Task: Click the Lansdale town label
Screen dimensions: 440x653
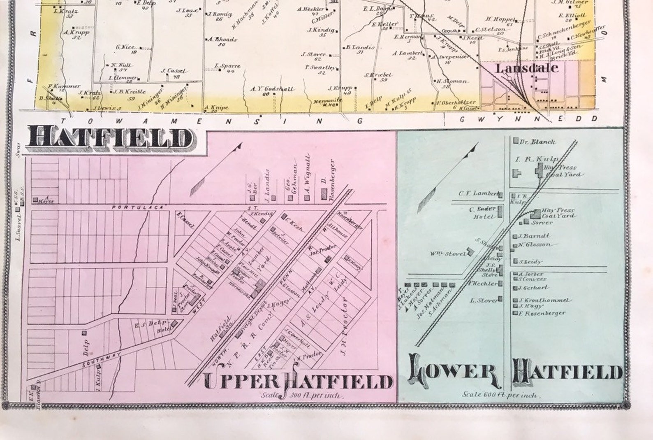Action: tap(527, 68)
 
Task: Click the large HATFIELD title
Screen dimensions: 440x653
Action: tap(110, 138)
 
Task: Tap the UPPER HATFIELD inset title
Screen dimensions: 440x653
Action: tap(298, 382)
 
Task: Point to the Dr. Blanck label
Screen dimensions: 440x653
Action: tap(537, 142)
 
